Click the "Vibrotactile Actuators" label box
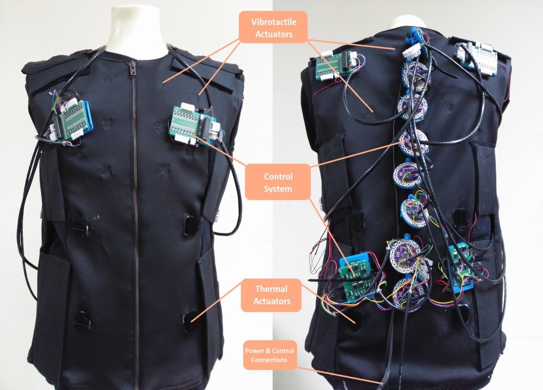point(274,28)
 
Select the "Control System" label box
point(278,181)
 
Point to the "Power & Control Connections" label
point(269,356)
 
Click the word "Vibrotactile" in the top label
point(274,23)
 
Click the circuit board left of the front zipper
point(71,122)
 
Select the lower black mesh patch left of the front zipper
point(81,319)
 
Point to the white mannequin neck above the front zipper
point(134,25)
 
